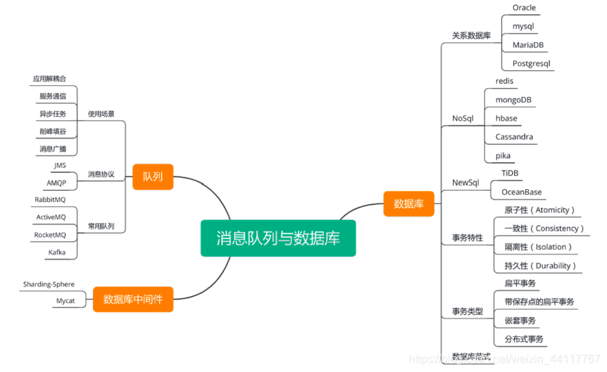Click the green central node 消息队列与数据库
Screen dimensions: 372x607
point(278,238)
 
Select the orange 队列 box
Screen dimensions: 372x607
point(153,177)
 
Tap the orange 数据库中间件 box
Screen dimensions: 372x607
point(133,299)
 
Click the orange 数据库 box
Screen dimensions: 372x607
point(408,204)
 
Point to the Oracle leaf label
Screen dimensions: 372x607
point(524,8)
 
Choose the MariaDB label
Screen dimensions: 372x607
point(527,45)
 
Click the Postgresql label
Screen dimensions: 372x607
point(531,63)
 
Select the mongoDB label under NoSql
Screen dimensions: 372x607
point(513,100)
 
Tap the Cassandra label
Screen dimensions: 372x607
point(514,136)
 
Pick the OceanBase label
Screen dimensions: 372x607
point(521,191)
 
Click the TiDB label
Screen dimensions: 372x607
point(510,173)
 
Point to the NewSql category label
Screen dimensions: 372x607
point(465,183)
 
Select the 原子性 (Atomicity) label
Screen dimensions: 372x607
point(539,210)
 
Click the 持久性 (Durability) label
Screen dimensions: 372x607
point(540,266)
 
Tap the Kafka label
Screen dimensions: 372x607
point(57,252)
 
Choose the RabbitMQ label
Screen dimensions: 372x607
point(50,200)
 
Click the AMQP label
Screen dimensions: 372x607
point(56,182)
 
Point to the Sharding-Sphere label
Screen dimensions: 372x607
point(49,284)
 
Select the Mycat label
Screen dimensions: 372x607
point(65,301)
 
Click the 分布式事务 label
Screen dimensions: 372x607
point(524,339)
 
